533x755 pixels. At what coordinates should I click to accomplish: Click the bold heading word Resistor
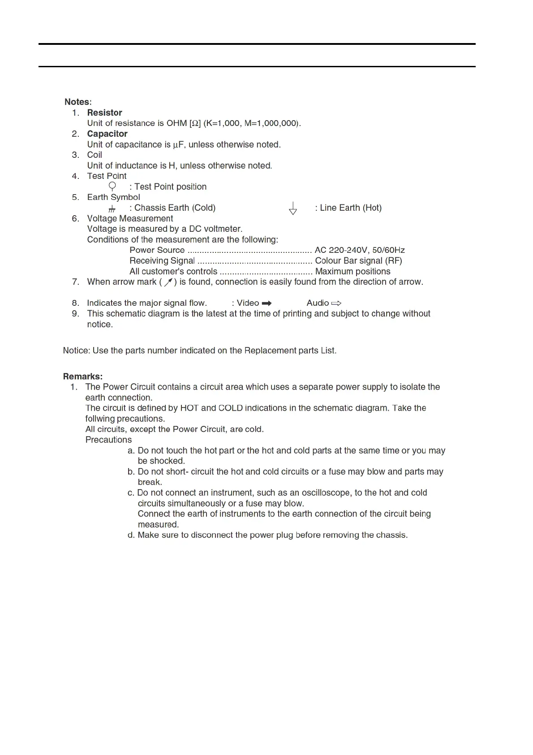[104, 113]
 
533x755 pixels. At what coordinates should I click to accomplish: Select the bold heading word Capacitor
[107, 134]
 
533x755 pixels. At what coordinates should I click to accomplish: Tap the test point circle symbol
[112, 186]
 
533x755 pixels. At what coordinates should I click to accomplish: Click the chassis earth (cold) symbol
[112, 208]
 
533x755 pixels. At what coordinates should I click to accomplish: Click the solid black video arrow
[266, 304]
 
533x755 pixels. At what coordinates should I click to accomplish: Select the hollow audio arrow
[336, 304]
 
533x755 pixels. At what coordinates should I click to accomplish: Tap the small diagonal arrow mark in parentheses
[168, 282]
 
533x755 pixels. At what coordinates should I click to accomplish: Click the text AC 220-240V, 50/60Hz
[360, 250]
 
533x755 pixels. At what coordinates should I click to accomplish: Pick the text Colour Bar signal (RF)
[358, 261]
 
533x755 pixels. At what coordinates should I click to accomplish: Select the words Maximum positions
[352, 272]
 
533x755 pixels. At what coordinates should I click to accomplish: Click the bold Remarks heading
[82, 377]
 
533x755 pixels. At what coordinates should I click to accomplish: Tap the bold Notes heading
[77, 102]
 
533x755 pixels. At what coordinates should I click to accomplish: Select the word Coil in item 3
[95, 155]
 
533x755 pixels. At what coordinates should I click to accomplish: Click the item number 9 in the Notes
[75, 314]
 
